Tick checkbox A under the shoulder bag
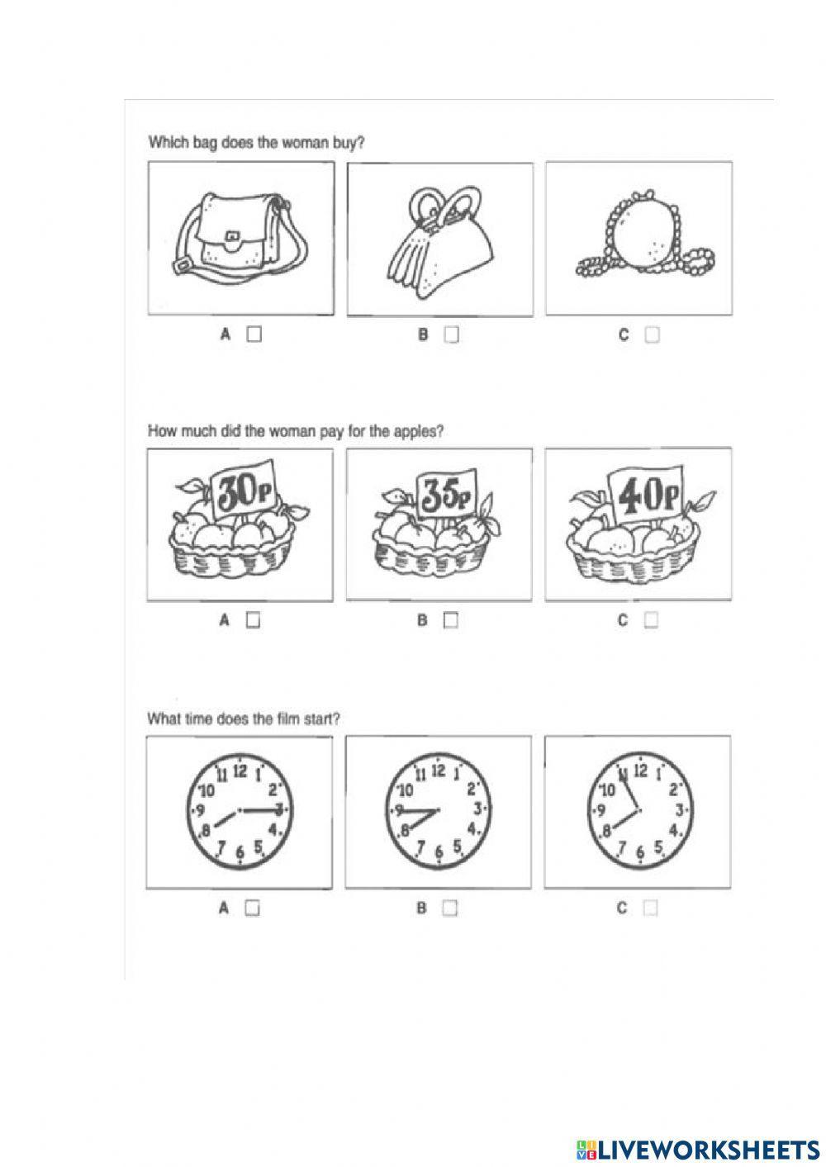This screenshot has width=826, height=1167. tap(254, 334)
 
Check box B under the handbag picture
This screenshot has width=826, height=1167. tap(451, 334)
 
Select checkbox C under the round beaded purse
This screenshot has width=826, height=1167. tap(652, 334)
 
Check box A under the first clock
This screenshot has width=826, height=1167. tap(253, 908)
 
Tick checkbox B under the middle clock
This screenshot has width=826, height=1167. tap(449, 908)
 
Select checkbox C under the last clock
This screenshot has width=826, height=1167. tap(650, 908)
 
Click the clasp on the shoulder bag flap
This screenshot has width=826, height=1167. tap(232, 237)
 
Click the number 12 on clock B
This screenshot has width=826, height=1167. tap(439, 771)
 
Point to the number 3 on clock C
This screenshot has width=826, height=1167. tap(679, 809)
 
